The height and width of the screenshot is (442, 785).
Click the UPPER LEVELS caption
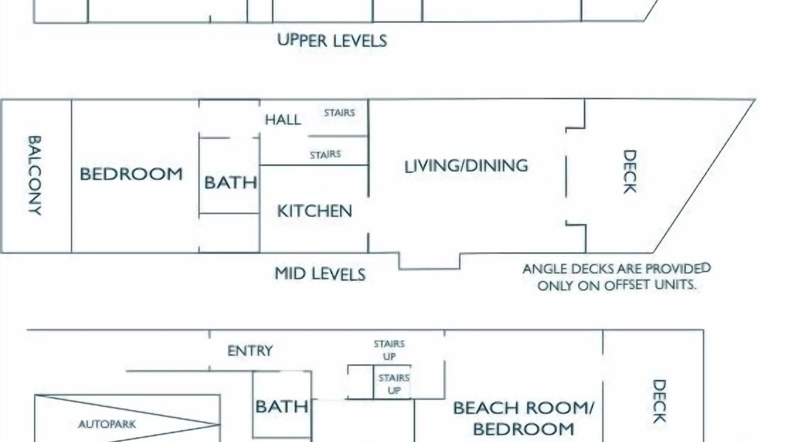332,41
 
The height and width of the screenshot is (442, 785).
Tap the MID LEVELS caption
320,274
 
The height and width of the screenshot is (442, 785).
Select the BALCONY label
35,176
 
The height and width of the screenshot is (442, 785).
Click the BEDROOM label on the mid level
131,174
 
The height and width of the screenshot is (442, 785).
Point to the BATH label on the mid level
231,182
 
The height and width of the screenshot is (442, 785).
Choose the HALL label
283,120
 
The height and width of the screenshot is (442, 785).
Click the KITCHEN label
315,211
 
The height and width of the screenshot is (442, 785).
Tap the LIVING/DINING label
466,166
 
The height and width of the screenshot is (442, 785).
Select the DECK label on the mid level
629,171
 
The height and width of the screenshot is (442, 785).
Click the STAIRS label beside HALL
339,112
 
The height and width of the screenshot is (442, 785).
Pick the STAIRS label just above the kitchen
325,154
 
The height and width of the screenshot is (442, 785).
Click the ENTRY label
250,351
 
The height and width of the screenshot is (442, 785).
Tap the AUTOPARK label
107,424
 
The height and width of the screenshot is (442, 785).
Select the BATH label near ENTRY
281,406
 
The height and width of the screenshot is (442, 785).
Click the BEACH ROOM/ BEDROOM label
524,418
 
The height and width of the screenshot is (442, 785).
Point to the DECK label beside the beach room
659,401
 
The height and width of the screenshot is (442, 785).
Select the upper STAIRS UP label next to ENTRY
389,350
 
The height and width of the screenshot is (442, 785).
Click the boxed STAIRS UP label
394,384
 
